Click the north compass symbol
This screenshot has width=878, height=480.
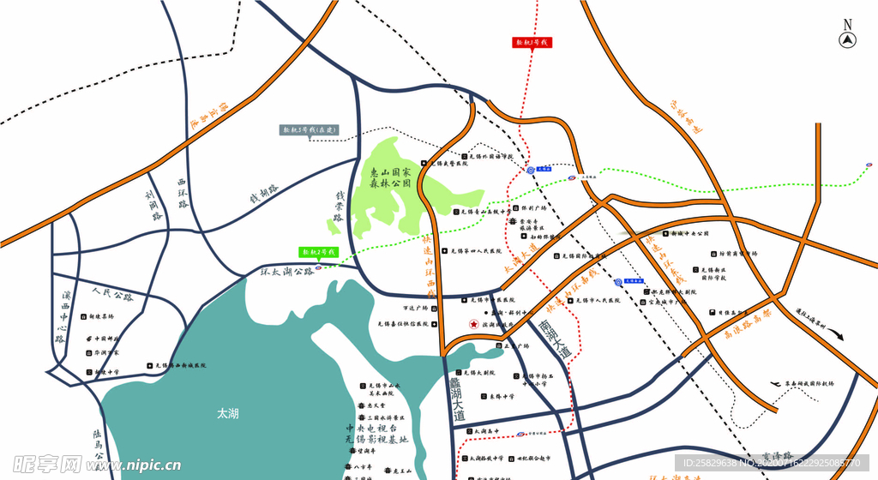[848, 39]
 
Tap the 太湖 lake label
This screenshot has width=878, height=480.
[227, 414]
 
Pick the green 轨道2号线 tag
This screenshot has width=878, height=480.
[319, 252]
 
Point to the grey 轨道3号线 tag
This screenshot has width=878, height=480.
[311, 129]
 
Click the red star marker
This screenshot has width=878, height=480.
[472, 324]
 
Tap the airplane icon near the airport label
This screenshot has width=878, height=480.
[777, 384]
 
